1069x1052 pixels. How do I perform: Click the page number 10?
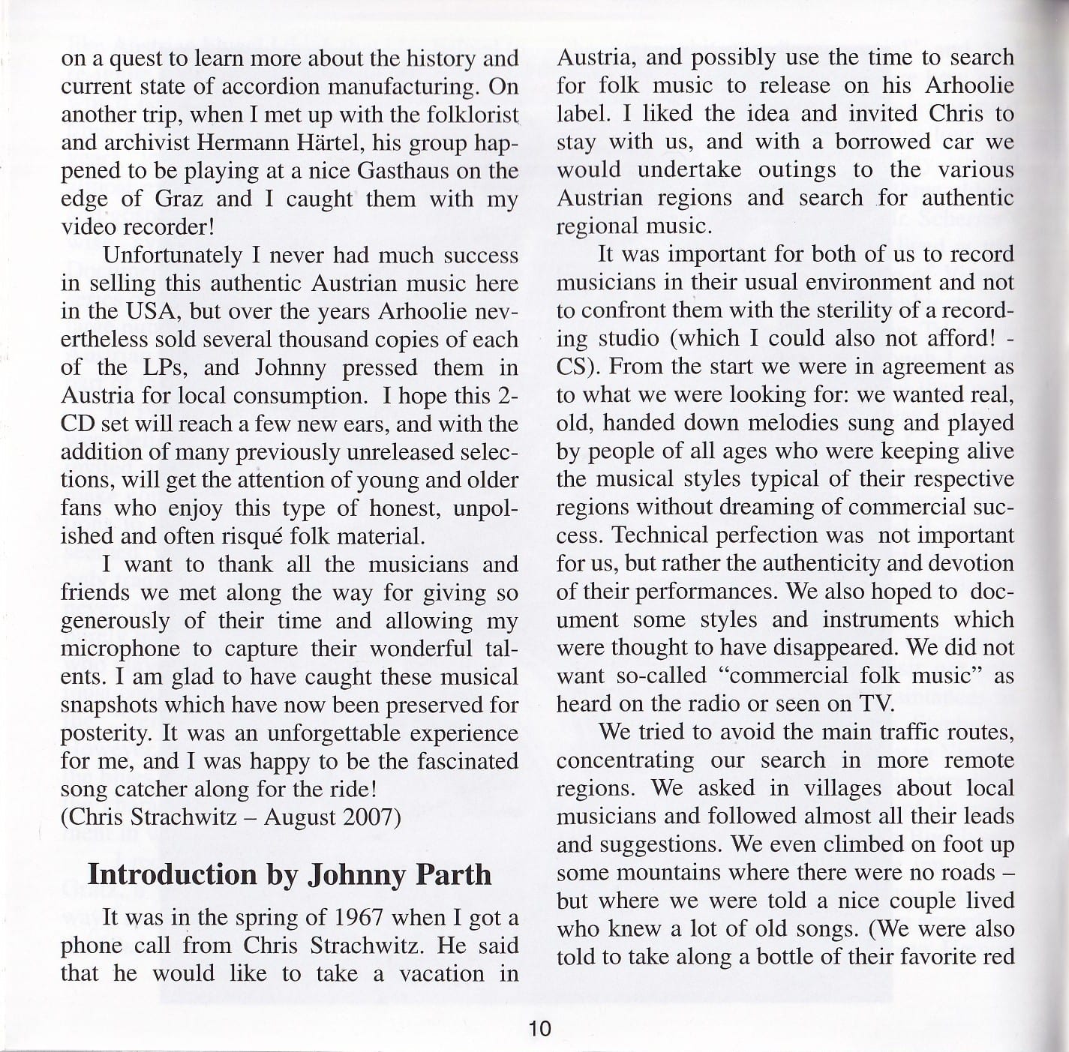(x=539, y=1028)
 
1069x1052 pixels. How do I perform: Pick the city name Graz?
(x=179, y=199)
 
